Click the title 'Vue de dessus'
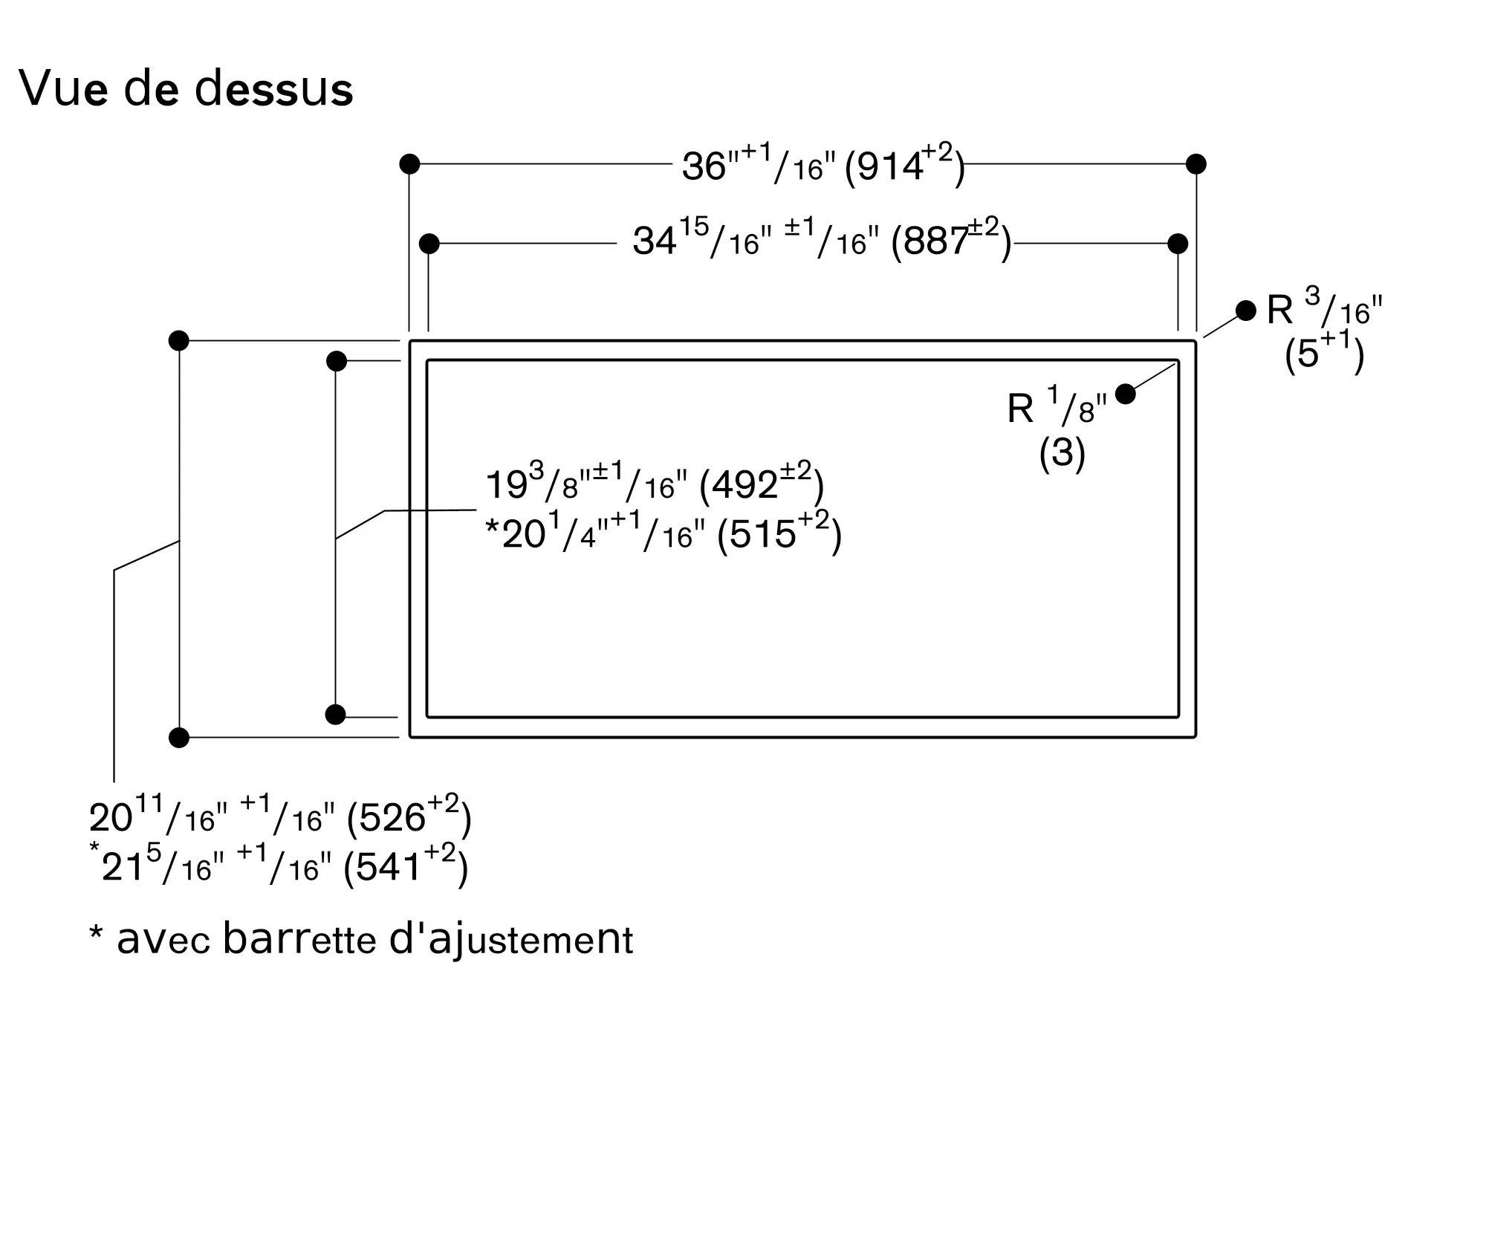click(x=186, y=89)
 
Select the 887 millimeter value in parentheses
click(x=952, y=239)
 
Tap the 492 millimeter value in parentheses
click(x=762, y=484)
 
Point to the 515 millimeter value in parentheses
click(x=779, y=532)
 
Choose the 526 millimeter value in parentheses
click(x=409, y=817)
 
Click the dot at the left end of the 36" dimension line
click(x=409, y=164)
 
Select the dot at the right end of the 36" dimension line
click(x=1196, y=164)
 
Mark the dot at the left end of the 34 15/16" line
click(x=429, y=244)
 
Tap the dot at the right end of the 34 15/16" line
click(x=1178, y=244)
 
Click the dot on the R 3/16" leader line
click(x=1246, y=311)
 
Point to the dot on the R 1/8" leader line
click(x=1126, y=394)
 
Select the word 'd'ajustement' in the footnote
click(x=511, y=940)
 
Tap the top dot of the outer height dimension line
click(x=179, y=341)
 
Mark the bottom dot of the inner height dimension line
click(x=336, y=715)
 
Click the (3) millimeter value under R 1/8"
click(x=1062, y=452)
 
